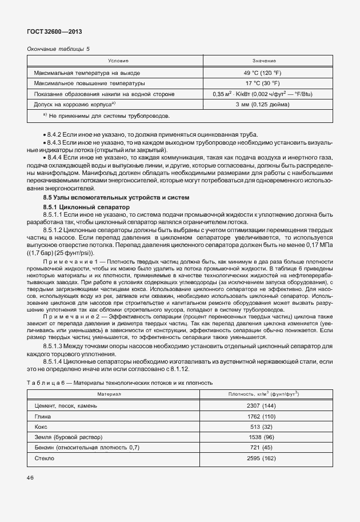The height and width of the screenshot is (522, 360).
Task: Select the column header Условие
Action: click(x=118, y=61)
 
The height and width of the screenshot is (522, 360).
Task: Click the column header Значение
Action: click(x=264, y=61)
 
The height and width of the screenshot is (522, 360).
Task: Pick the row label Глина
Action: click(x=43, y=416)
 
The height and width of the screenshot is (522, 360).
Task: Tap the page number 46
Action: click(x=31, y=477)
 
